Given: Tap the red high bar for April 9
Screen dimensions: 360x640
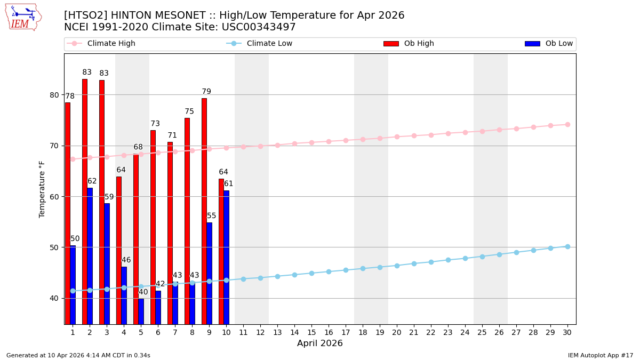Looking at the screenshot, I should pyautogui.click(x=204, y=211).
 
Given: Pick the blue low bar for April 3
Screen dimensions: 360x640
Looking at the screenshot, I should pyautogui.click(x=107, y=263).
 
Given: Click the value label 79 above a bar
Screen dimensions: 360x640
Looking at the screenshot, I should pyautogui.click(x=206, y=92).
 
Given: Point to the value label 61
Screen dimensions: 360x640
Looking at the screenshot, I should pyautogui.click(x=228, y=184).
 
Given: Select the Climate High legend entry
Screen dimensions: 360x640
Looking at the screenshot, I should pyautogui.click(x=101, y=44).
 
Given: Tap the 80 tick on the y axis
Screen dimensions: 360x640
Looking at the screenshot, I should pyautogui.click(x=54, y=95).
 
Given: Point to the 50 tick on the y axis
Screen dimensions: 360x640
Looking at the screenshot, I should pyautogui.click(x=54, y=247).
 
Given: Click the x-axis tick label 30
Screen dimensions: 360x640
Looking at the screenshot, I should pyautogui.click(x=567, y=332).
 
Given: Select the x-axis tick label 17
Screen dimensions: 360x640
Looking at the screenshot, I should pyautogui.click(x=346, y=332).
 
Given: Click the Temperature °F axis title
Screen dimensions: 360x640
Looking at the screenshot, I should pyautogui.click(x=42, y=189).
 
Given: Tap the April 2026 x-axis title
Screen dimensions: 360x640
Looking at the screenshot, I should pyautogui.click(x=320, y=343).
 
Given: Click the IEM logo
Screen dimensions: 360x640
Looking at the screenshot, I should pyautogui.click(x=23, y=17).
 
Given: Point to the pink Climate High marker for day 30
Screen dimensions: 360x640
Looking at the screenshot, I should pyautogui.click(x=567, y=125).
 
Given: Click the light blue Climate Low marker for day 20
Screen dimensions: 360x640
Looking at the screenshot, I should pyautogui.click(x=397, y=266).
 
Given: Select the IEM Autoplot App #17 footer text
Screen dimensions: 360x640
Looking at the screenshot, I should pyautogui.click(x=600, y=356).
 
